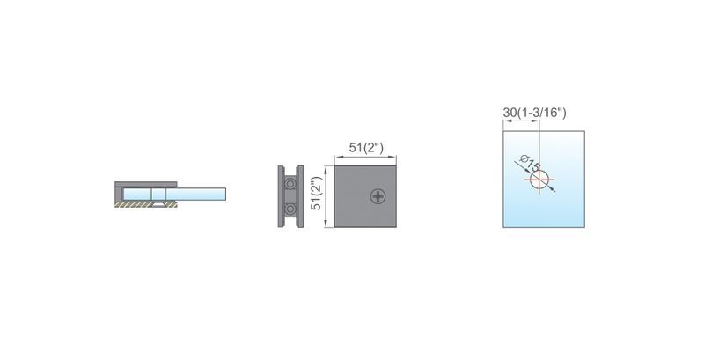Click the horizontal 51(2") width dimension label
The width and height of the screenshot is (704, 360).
[366, 147]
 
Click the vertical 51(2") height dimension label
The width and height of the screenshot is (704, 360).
[317, 193]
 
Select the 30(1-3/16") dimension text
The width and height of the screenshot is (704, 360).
[534, 113]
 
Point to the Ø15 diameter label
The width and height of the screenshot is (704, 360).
[530, 164]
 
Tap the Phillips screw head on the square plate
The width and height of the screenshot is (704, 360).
[378, 196]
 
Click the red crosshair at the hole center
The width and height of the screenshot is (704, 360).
[539, 180]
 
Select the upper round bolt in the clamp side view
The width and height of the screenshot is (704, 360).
[290, 184]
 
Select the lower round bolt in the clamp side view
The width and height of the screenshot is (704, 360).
[290, 209]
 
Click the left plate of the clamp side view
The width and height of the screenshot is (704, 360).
[281, 196]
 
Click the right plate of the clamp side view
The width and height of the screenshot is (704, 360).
[300, 196]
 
